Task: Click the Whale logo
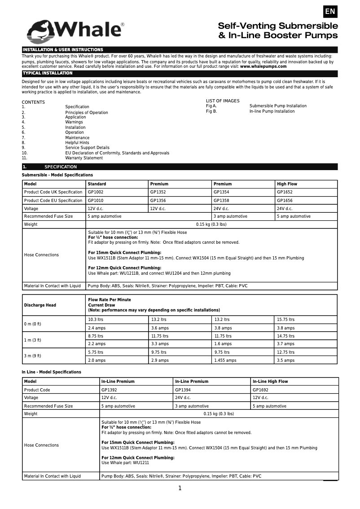pos(75,30)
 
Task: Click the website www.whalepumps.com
pos(263,66)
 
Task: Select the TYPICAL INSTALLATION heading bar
pos(180,73)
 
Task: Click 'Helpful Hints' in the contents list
pos(77,143)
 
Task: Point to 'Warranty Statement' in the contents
pos(84,158)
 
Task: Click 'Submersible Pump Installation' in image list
pos(278,106)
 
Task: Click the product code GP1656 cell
pos(285,201)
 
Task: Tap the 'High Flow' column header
pos(287,184)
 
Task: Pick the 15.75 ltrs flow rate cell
pos(285,320)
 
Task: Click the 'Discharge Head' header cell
pos(40,305)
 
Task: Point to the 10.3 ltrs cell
pos(96,320)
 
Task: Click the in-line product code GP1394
pos(183,390)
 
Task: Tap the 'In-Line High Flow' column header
pos(270,382)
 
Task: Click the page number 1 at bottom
pos(180,488)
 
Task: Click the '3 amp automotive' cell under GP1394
pos(192,406)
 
